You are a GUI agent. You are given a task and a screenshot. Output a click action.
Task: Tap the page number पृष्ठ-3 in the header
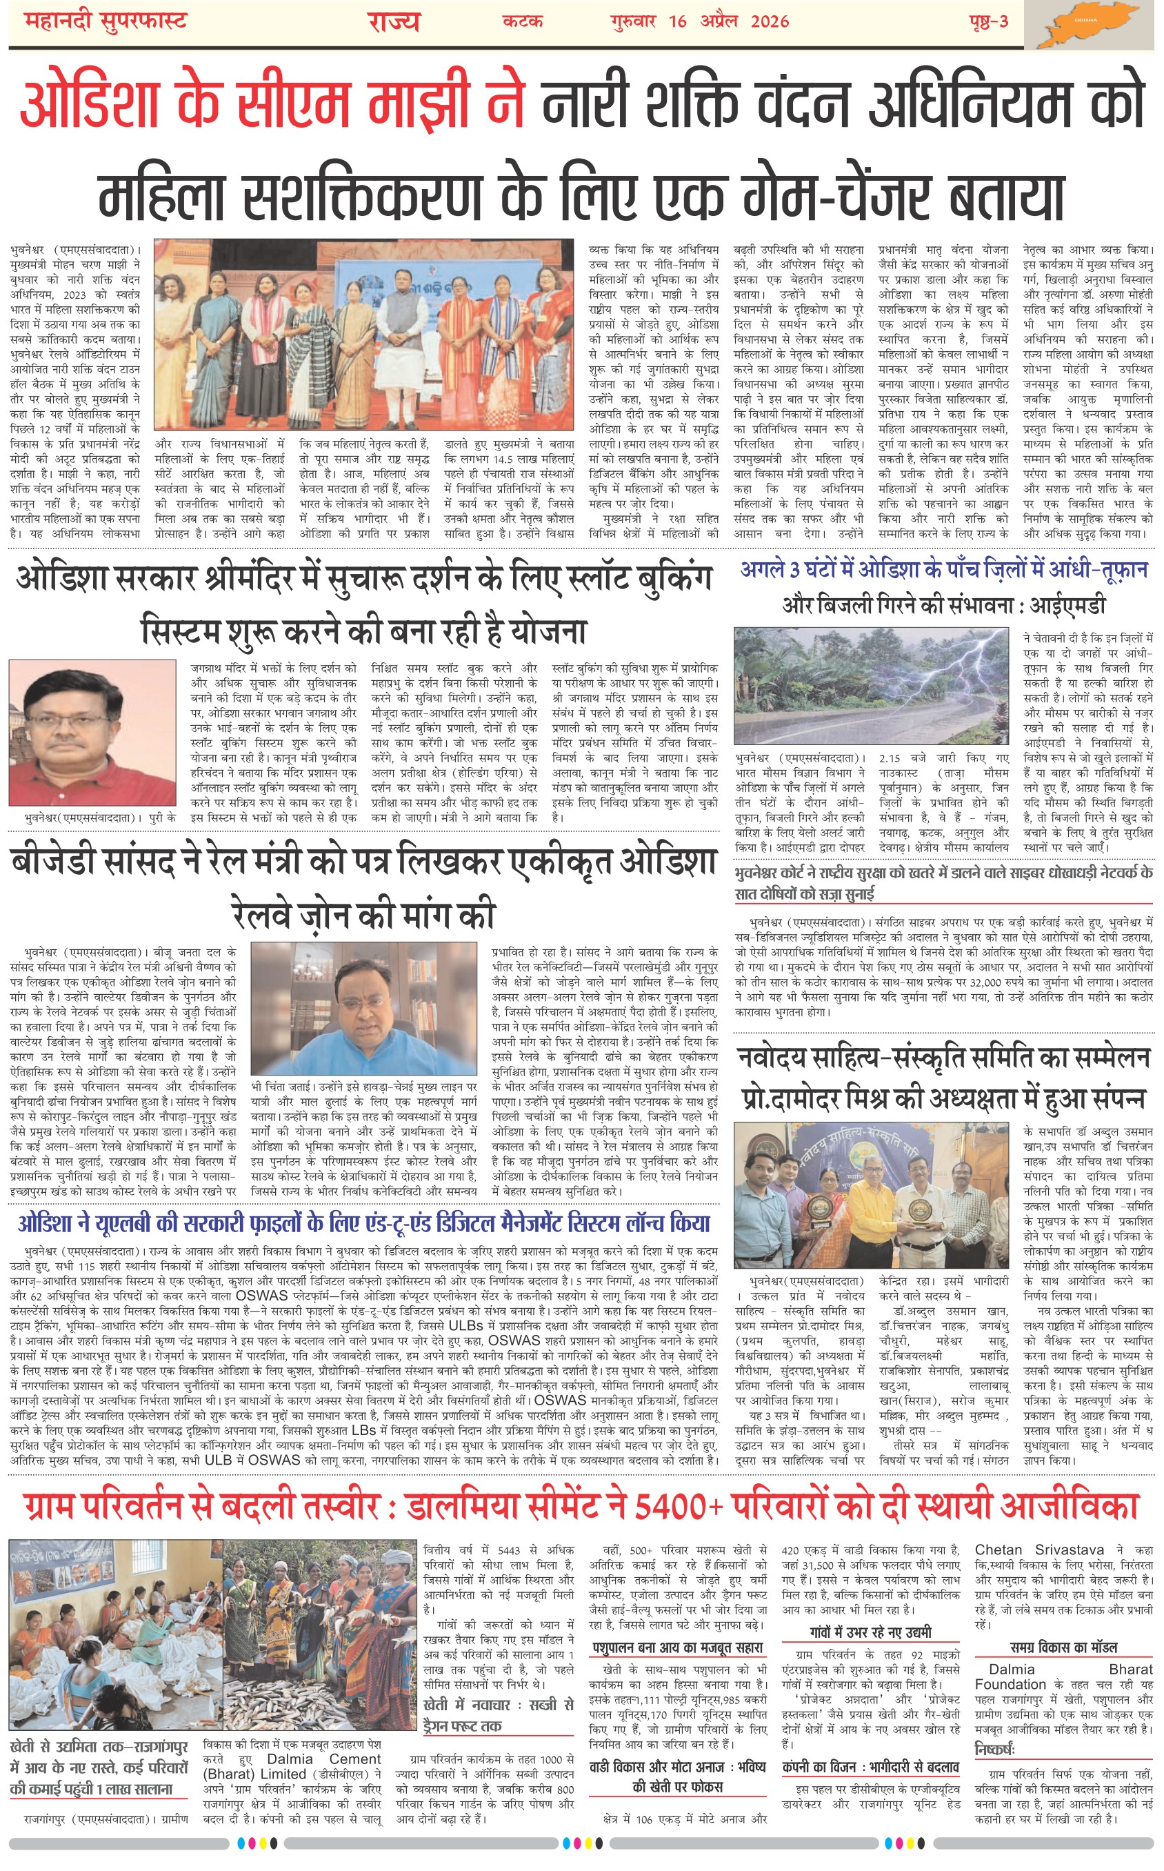click(988, 21)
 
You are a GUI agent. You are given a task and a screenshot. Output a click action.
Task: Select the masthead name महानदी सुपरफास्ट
click(106, 21)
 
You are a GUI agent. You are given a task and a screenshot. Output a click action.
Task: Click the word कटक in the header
click(523, 21)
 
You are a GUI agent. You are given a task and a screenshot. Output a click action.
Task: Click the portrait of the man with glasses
click(92, 731)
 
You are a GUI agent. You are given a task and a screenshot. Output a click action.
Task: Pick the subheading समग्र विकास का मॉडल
click(1063, 1647)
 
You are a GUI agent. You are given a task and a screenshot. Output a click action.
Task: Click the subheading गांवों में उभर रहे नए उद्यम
click(871, 1632)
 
